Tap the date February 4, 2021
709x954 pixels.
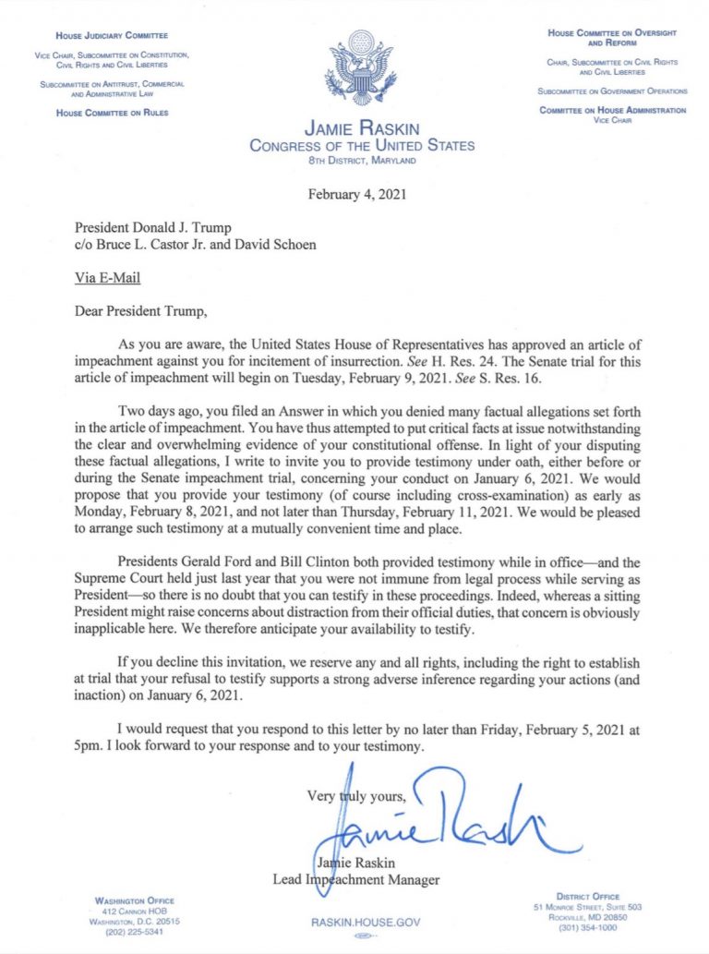354,194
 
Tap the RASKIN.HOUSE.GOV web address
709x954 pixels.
354,922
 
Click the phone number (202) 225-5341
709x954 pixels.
135,931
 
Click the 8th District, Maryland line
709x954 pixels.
362,161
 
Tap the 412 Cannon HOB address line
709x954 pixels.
135,911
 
